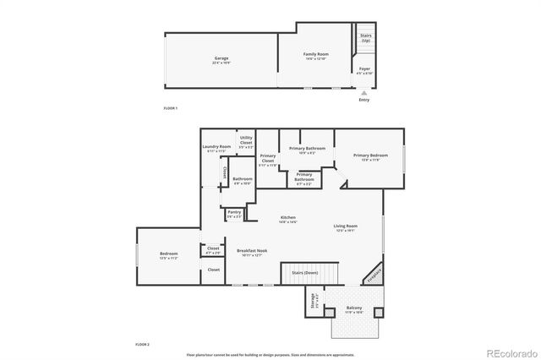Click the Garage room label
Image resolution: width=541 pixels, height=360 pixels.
point(221,58)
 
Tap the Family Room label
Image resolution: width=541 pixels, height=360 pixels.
point(316,54)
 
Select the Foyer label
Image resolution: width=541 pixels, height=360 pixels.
point(364,68)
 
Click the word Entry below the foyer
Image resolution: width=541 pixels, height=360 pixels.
point(363,100)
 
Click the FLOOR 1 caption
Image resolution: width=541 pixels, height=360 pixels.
point(170,108)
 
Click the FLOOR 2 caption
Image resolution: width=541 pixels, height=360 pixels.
point(142,345)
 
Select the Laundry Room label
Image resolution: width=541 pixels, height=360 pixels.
point(216,147)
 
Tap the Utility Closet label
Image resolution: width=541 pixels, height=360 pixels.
point(246,140)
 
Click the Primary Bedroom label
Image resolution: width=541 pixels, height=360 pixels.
point(370,155)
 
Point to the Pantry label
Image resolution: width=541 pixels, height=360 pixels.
point(234,212)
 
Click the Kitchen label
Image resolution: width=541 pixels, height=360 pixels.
point(288,218)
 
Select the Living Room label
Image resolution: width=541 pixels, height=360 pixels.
point(345,226)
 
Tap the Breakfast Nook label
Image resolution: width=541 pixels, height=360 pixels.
point(252,250)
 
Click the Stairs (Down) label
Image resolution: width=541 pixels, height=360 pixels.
point(304,273)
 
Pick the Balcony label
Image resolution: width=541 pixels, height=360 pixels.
point(355,308)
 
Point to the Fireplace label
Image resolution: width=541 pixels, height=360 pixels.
point(373,275)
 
